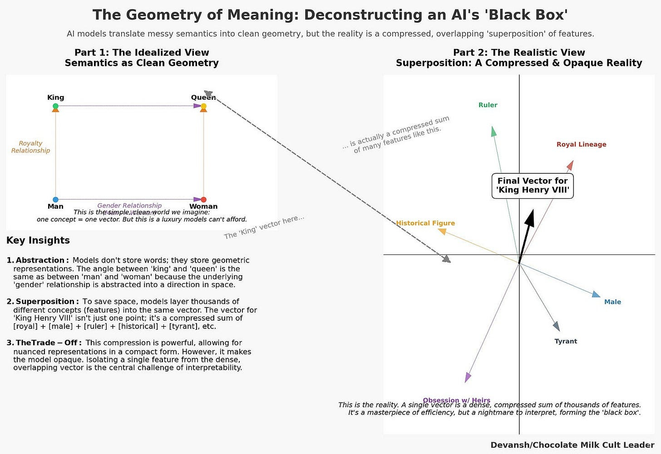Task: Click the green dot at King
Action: click(x=55, y=106)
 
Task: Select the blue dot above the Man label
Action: click(x=55, y=200)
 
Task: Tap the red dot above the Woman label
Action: click(x=203, y=200)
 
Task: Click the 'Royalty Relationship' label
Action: click(x=30, y=147)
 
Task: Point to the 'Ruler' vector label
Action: click(x=488, y=105)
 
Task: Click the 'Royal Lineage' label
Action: click(x=581, y=145)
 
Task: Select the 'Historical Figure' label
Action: click(x=425, y=223)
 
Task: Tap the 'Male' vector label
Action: click(x=612, y=302)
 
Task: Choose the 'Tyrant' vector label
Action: click(x=566, y=342)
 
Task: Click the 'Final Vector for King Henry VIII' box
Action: click(x=533, y=186)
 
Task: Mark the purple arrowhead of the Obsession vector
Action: click(x=468, y=377)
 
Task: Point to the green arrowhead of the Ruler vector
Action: click(x=493, y=132)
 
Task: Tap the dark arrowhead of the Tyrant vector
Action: click(x=557, y=326)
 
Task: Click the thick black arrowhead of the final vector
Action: click(x=529, y=218)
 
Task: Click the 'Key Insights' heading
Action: click(x=38, y=240)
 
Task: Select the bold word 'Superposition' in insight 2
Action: click(x=45, y=302)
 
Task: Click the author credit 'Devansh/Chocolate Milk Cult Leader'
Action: click(x=572, y=445)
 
